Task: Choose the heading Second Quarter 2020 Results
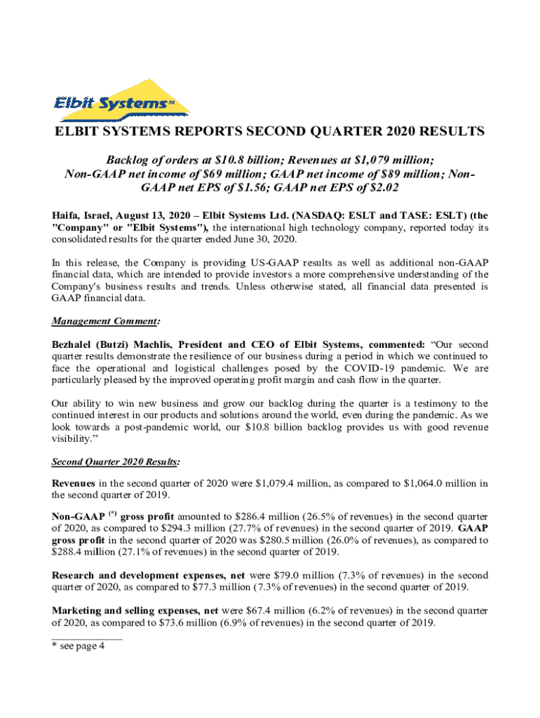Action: click(115, 462)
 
